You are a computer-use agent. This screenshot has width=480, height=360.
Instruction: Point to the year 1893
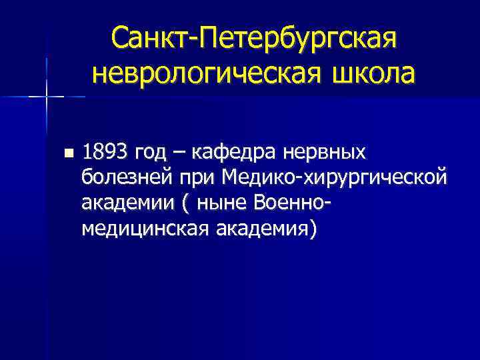[x=105, y=153]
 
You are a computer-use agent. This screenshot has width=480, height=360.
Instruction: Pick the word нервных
[x=325, y=154]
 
